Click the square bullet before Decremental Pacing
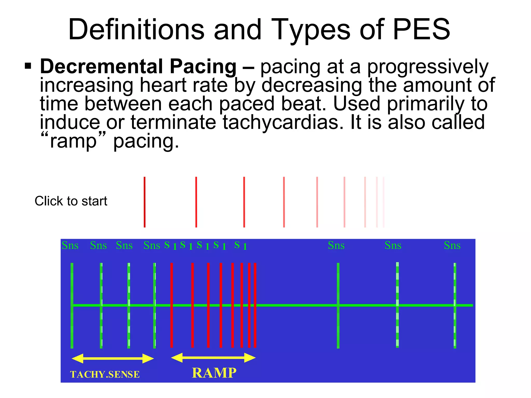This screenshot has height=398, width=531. pos(28,66)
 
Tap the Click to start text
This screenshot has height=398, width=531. pos(71,201)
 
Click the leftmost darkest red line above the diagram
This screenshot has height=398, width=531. pos(145,202)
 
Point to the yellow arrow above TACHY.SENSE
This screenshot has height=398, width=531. pos(113,359)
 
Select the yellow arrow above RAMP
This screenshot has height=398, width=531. pos(213,358)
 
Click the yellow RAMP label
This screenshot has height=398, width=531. pos(214,373)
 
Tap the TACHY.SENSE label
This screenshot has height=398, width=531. pos(105,375)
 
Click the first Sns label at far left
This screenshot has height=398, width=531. pos(70,245)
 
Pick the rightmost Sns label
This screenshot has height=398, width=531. pos(452,245)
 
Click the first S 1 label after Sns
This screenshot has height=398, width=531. pos(171,245)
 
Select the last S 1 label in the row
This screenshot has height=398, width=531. pos(241,245)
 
